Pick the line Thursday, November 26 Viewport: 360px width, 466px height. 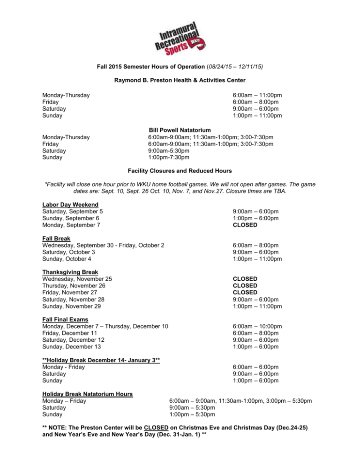(x=77, y=285)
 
